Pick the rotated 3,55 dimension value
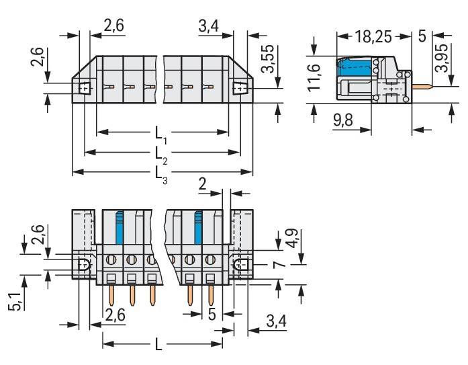[x=266, y=62]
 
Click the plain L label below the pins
[x=159, y=345]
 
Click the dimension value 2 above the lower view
[x=203, y=184]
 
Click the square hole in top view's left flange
[x=84, y=88]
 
